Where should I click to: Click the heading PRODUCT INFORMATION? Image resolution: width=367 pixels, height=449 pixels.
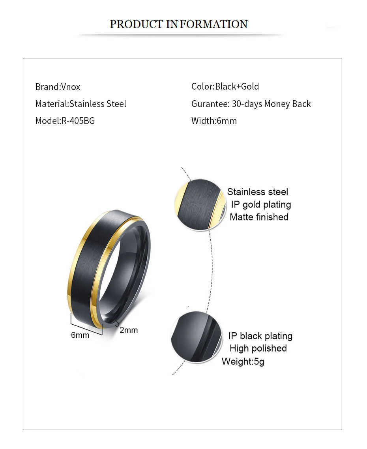point(178,24)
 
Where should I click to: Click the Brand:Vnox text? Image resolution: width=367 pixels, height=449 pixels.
point(58,87)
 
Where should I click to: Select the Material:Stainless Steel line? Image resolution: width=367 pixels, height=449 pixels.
point(81,104)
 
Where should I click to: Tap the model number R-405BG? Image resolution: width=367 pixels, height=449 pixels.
point(78,121)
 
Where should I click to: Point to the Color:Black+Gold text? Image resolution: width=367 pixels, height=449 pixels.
point(225,86)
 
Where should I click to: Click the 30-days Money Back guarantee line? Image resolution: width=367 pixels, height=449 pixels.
point(251,104)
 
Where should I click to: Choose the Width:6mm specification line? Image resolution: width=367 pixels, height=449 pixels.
point(214,121)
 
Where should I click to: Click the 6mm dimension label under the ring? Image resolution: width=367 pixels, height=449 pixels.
point(80,335)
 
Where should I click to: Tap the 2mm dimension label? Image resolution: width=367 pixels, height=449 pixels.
point(129,330)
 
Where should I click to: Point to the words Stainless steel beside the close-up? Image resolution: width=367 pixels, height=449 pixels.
point(257,192)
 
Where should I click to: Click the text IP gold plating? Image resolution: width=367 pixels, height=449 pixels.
point(261,204)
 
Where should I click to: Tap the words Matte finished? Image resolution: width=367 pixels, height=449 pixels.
point(259,217)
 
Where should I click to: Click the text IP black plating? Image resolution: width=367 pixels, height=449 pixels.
point(260,336)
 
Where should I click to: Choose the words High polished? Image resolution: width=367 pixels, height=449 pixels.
point(258,348)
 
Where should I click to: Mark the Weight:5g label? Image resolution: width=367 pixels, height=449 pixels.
point(243,361)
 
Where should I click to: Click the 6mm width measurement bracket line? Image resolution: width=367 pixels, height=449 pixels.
point(86,324)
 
